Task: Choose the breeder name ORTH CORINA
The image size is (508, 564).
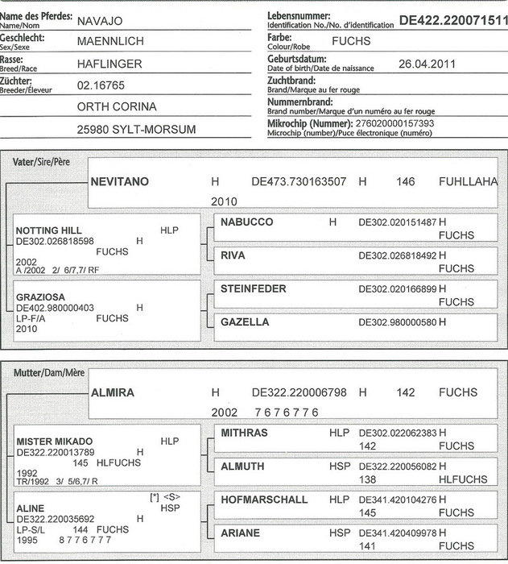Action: pyautogui.click(x=116, y=106)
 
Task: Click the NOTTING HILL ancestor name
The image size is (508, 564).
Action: pyautogui.click(x=49, y=230)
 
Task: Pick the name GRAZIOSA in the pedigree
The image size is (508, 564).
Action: pyautogui.click(x=40, y=297)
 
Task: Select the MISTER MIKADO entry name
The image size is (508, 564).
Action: pyautogui.click(x=55, y=442)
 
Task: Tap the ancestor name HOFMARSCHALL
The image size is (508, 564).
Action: pyautogui.click(x=264, y=500)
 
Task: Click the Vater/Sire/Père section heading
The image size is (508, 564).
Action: pyautogui.click(x=41, y=161)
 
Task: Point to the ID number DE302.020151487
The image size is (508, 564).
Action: pyautogui.click(x=397, y=222)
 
